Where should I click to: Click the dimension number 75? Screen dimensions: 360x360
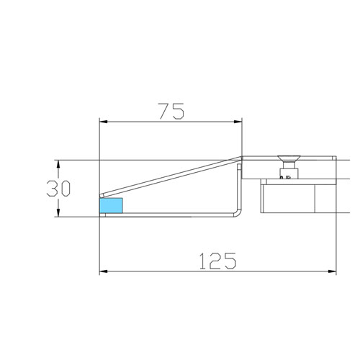point(171,111)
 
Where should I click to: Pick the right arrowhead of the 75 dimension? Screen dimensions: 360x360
point(238,121)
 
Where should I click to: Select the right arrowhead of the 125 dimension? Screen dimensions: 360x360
point(333,271)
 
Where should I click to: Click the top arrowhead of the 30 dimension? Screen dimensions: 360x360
point(58,163)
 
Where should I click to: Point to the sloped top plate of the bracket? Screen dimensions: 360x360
point(173,176)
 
